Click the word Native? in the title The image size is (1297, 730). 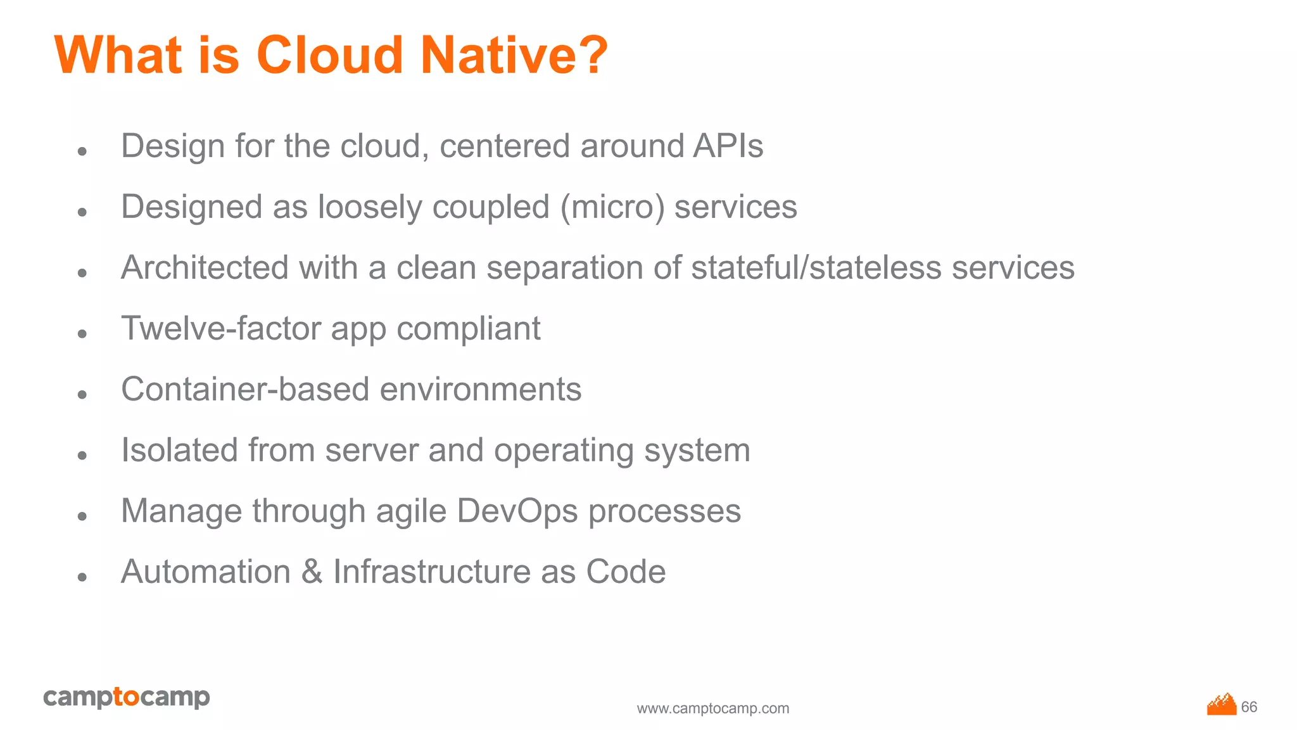pos(514,55)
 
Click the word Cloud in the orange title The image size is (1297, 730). pos(329,55)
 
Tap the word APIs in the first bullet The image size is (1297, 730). pos(728,146)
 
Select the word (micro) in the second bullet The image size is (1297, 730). pos(612,208)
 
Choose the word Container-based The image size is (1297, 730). pos(245,390)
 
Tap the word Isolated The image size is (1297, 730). pos(179,451)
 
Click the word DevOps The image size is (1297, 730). pos(517,511)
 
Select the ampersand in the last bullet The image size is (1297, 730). pos(312,572)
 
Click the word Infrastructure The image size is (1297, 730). pos(432,572)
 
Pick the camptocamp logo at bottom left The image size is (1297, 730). pos(127,697)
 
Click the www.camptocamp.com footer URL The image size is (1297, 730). pos(713,708)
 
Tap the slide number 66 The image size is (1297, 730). pos(1249,707)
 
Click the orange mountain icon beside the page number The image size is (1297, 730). pos(1222,705)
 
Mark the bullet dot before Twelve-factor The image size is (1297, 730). pos(82,333)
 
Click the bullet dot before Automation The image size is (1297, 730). pos(82,577)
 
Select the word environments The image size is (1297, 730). pos(480,390)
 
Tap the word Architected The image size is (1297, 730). pos(205,268)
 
